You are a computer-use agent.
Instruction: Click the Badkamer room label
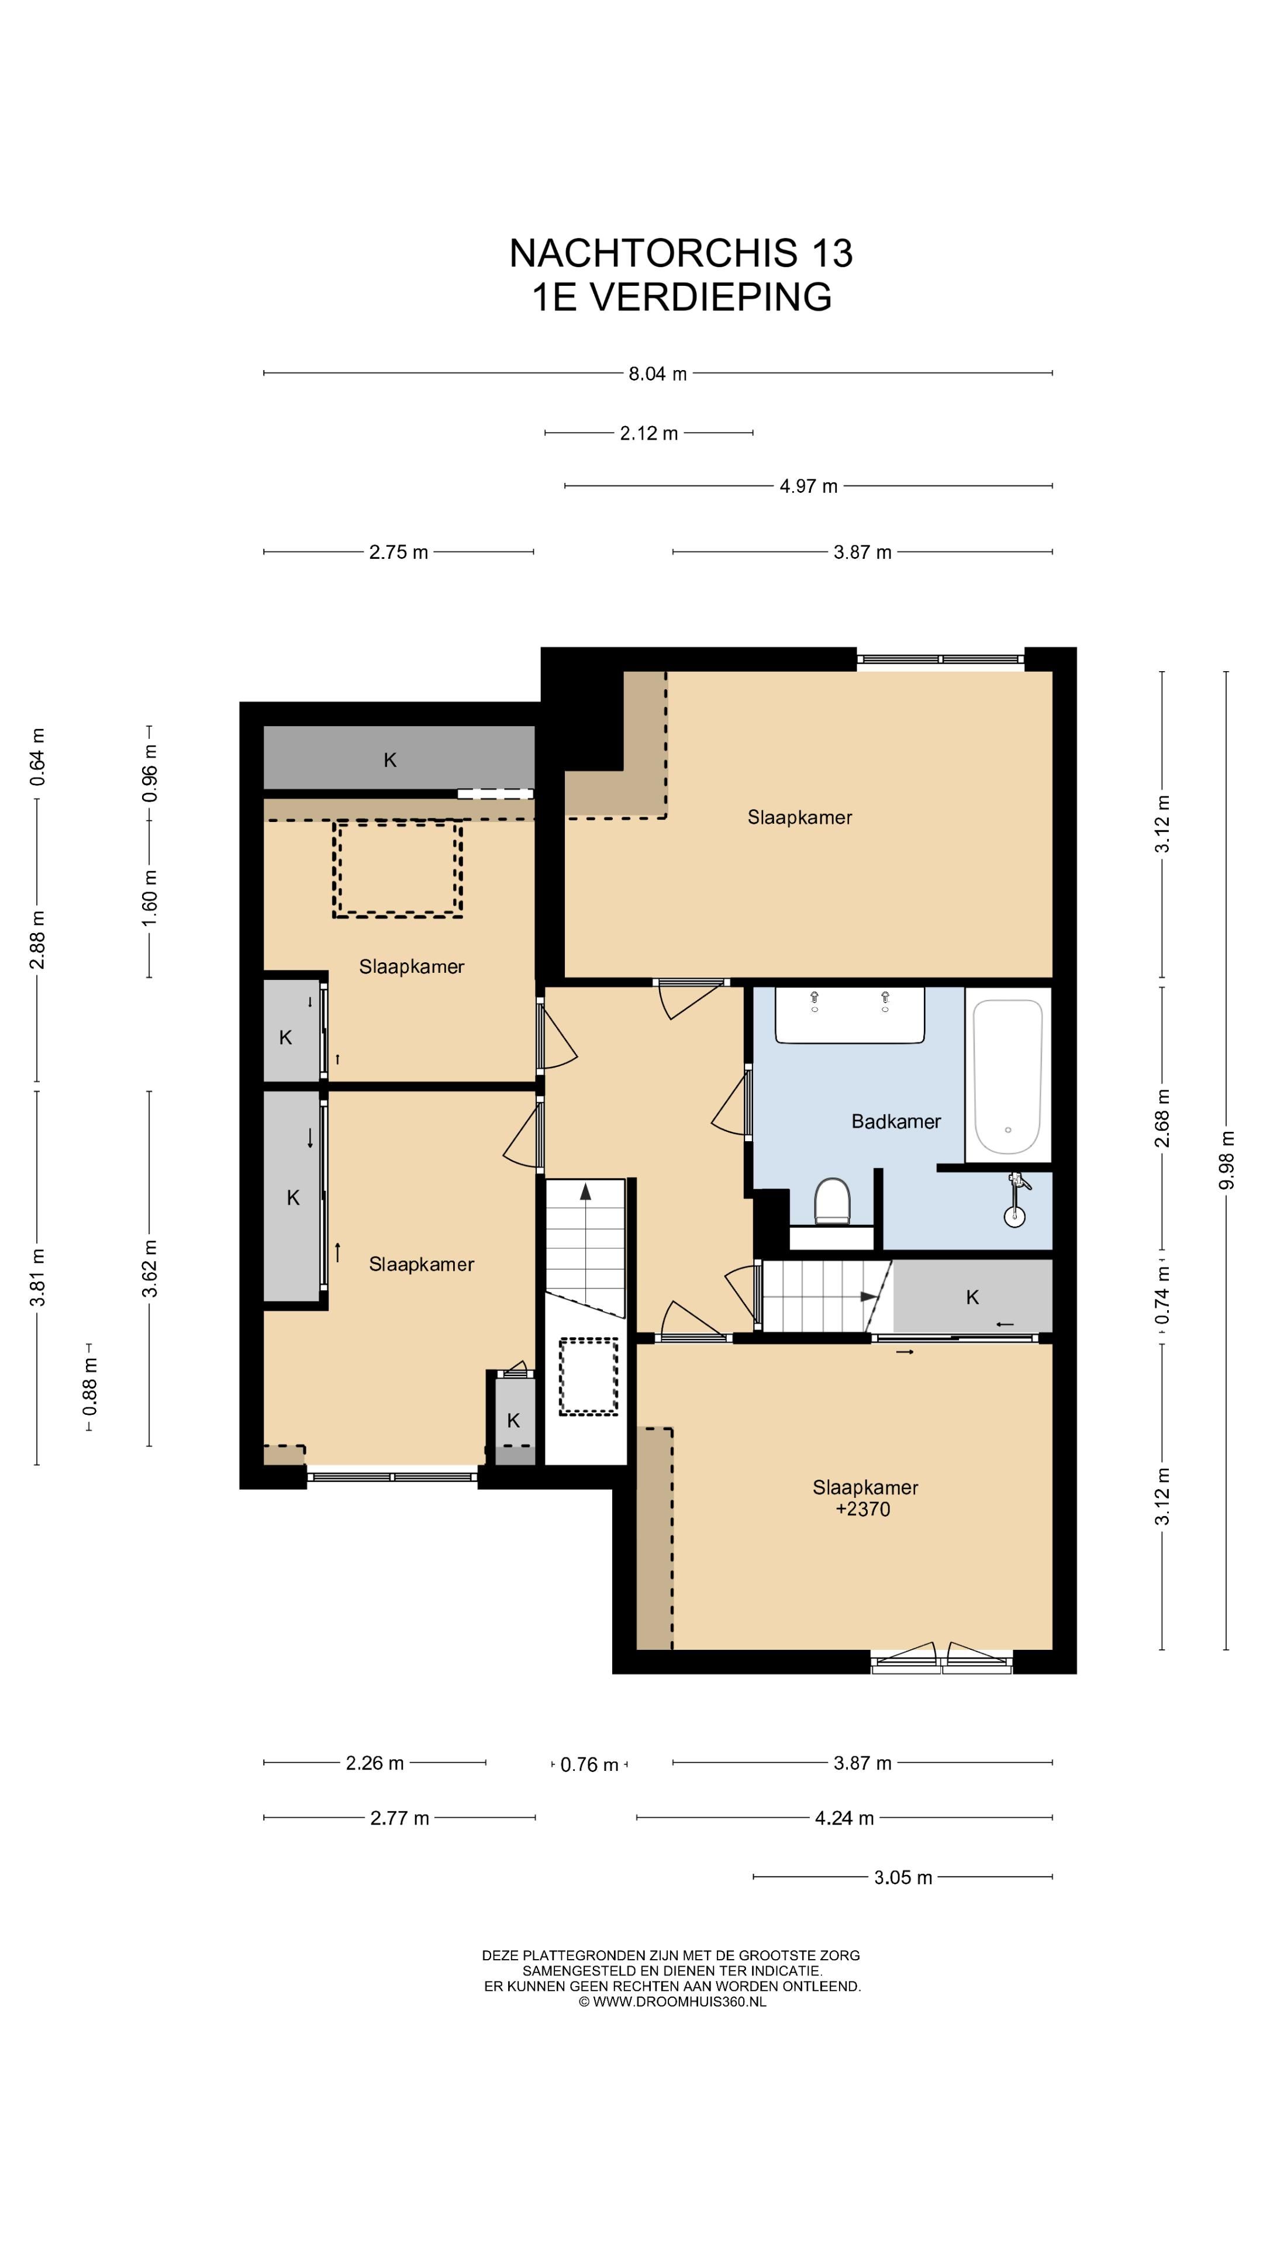(895, 1122)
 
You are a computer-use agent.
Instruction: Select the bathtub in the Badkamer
(1007, 1076)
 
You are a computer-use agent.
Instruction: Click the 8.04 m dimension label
(658, 374)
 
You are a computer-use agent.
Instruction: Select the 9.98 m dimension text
(1227, 1160)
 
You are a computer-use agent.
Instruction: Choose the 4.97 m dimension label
(808, 486)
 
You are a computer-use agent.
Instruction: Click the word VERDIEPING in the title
(711, 296)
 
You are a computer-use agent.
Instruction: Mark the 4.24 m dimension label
(844, 1818)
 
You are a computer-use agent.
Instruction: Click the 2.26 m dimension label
(375, 1763)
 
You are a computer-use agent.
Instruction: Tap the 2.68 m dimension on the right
(1163, 1118)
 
